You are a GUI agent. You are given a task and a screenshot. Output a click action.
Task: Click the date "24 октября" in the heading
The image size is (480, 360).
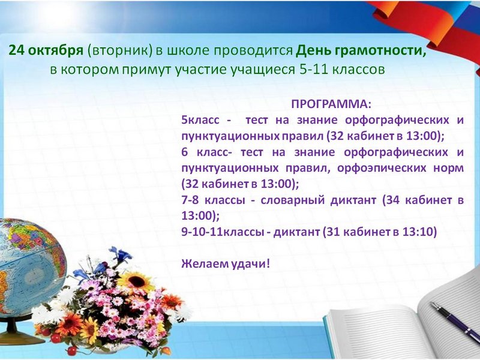46,50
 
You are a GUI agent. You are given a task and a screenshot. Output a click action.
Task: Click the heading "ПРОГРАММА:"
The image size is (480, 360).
331,104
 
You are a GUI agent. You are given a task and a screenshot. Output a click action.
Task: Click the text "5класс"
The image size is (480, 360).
200,119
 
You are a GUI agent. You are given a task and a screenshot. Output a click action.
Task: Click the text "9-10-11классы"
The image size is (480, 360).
222,232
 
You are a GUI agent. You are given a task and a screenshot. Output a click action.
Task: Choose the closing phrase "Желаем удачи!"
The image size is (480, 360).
226,263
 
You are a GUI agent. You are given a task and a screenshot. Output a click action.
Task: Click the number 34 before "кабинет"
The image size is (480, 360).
394,200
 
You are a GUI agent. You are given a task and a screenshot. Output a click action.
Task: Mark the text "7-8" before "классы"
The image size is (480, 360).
190,200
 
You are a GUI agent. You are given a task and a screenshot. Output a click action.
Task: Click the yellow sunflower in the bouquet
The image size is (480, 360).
136,281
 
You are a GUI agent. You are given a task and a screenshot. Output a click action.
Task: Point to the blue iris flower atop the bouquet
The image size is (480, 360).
121,254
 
